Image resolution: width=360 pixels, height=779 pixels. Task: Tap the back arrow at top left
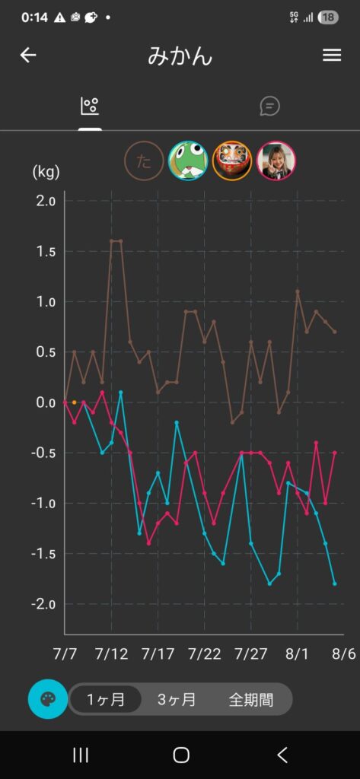point(28,55)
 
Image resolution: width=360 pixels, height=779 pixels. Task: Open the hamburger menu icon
point(332,55)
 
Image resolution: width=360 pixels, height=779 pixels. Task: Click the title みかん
point(180,56)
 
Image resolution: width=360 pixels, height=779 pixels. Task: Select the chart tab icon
point(90,106)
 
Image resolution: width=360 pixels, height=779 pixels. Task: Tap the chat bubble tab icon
point(270,106)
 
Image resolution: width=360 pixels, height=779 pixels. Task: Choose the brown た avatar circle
point(144,161)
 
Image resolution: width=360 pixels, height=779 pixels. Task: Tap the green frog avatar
point(189,161)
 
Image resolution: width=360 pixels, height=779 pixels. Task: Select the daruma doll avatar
point(232,161)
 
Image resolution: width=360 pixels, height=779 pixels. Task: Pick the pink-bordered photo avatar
point(276,161)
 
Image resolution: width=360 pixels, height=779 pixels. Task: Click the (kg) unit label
point(46,173)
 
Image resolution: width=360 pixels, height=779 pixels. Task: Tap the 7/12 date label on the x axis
point(111,653)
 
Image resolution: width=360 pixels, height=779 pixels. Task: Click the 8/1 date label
point(298,653)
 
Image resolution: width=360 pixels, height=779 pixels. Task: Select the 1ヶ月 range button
point(106,700)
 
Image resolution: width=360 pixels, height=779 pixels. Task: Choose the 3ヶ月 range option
point(177,700)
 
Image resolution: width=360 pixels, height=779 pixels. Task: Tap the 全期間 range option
point(250,700)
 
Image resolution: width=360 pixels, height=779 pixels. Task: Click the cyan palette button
point(48,700)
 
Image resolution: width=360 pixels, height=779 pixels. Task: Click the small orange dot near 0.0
point(74,402)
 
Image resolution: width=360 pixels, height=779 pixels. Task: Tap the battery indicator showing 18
point(328,18)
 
